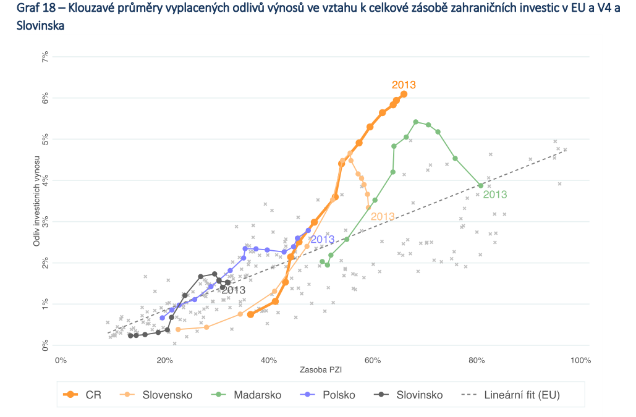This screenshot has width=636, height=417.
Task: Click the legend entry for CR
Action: (85, 394)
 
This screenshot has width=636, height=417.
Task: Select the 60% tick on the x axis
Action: (372, 360)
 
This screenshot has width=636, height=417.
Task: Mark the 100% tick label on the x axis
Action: (581, 360)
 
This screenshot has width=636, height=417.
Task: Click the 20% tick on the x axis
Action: (164, 360)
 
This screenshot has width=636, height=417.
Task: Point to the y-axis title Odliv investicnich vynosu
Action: (36, 200)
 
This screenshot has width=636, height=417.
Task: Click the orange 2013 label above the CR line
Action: (404, 85)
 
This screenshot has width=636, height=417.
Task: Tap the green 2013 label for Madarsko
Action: (494, 195)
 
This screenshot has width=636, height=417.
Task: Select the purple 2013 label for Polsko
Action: (322, 240)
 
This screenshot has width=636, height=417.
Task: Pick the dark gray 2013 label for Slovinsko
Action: (233, 290)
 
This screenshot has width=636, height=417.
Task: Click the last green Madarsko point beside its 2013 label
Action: (480, 185)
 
